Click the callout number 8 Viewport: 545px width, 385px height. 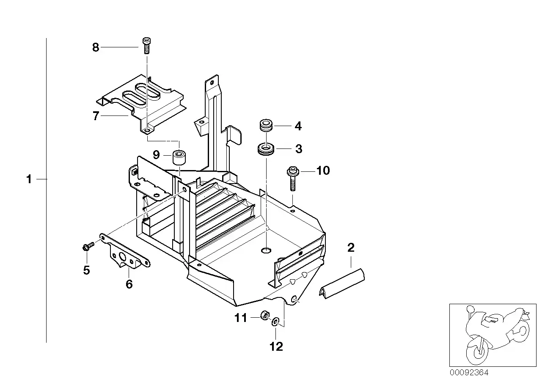pyautogui.click(x=96, y=47)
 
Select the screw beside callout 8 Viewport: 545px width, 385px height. pyautogui.click(x=146, y=46)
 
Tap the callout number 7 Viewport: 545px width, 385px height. pyautogui.click(x=96, y=115)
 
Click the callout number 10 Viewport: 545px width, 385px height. pyautogui.click(x=323, y=170)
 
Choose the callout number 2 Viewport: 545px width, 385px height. pyautogui.click(x=351, y=247)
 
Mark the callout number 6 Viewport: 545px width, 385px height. pyautogui.click(x=129, y=284)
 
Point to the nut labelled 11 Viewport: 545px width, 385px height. pyautogui.click(x=265, y=315)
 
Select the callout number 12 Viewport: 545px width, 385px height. pyautogui.click(x=276, y=347)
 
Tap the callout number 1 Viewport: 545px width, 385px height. pyautogui.click(x=29, y=179)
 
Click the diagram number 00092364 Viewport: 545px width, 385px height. pyautogui.click(x=469, y=373)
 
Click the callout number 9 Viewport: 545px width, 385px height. pyautogui.click(x=156, y=154)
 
